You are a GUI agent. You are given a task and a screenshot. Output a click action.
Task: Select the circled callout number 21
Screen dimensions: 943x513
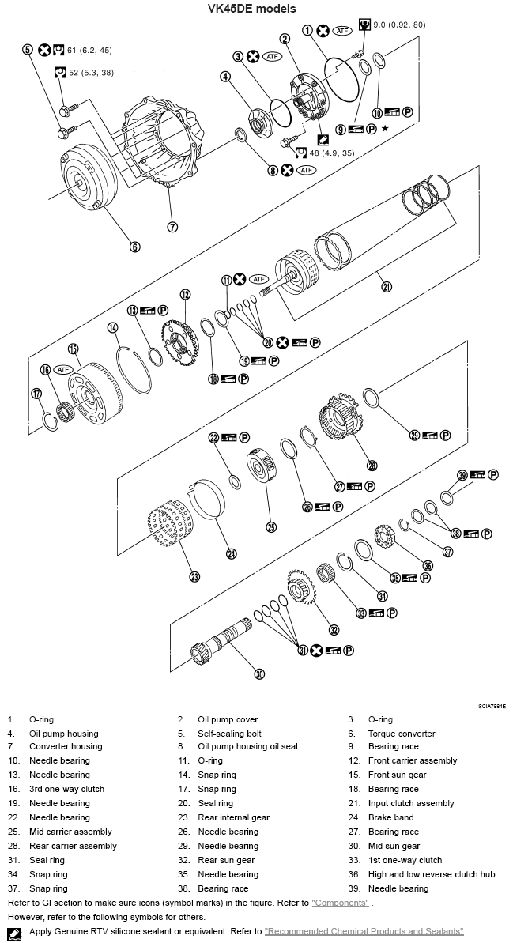[x=387, y=287]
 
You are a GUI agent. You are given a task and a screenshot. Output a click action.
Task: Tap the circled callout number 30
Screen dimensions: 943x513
[x=259, y=674]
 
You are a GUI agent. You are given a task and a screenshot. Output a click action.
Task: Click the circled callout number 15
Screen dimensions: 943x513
[x=73, y=349]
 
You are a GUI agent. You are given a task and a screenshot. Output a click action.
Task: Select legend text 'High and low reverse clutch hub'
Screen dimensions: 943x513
[x=432, y=875]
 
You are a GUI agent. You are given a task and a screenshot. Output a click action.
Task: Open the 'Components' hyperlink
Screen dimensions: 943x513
[x=340, y=903]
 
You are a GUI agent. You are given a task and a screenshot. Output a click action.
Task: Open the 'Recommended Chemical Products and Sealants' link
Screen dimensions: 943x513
[x=364, y=932]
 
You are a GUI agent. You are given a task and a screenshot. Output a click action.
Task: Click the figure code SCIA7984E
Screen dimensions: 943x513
[x=491, y=706]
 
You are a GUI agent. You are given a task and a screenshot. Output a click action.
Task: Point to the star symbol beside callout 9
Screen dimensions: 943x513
[x=385, y=129]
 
